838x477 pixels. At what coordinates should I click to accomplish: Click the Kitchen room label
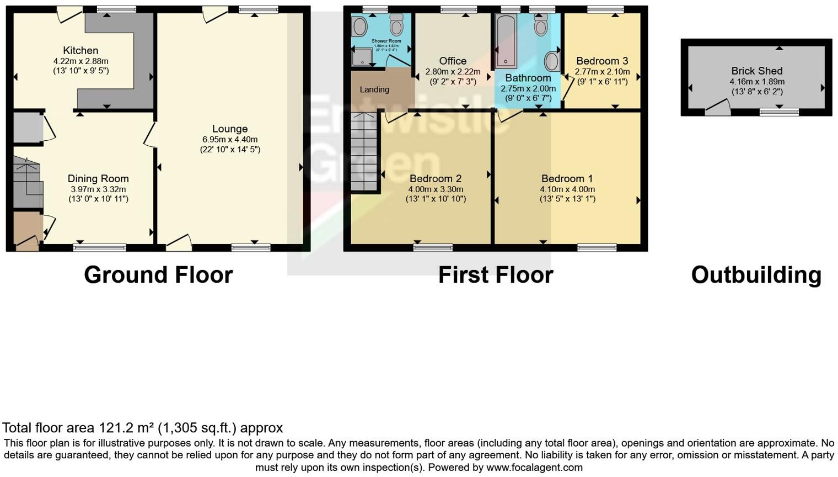click(80, 51)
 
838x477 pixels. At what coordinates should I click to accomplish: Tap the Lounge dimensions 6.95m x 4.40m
click(230, 139)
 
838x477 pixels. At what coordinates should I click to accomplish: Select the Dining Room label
click(98, 178)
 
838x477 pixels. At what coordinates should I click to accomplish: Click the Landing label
click(374, 89)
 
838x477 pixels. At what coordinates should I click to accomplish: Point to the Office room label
click(453, 61)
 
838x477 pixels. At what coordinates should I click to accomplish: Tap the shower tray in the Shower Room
click(363, 56)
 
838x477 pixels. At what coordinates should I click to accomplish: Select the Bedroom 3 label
click(602, 61)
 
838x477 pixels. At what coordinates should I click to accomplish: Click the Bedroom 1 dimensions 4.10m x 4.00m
click(567, 189)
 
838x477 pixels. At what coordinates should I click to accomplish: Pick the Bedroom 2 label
click(436, 178)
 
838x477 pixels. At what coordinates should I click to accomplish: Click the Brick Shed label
click(756, 71)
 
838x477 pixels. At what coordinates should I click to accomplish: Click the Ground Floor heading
click(158, 275)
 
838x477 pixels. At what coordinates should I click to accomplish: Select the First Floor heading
click(495, 275)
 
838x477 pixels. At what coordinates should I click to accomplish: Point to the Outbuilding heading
click(756, 275)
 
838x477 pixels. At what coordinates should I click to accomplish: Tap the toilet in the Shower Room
click(396, 25)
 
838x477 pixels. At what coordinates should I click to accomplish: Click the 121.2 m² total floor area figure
click(127, 428)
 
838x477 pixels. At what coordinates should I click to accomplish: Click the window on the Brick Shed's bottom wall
click(778, 112)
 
